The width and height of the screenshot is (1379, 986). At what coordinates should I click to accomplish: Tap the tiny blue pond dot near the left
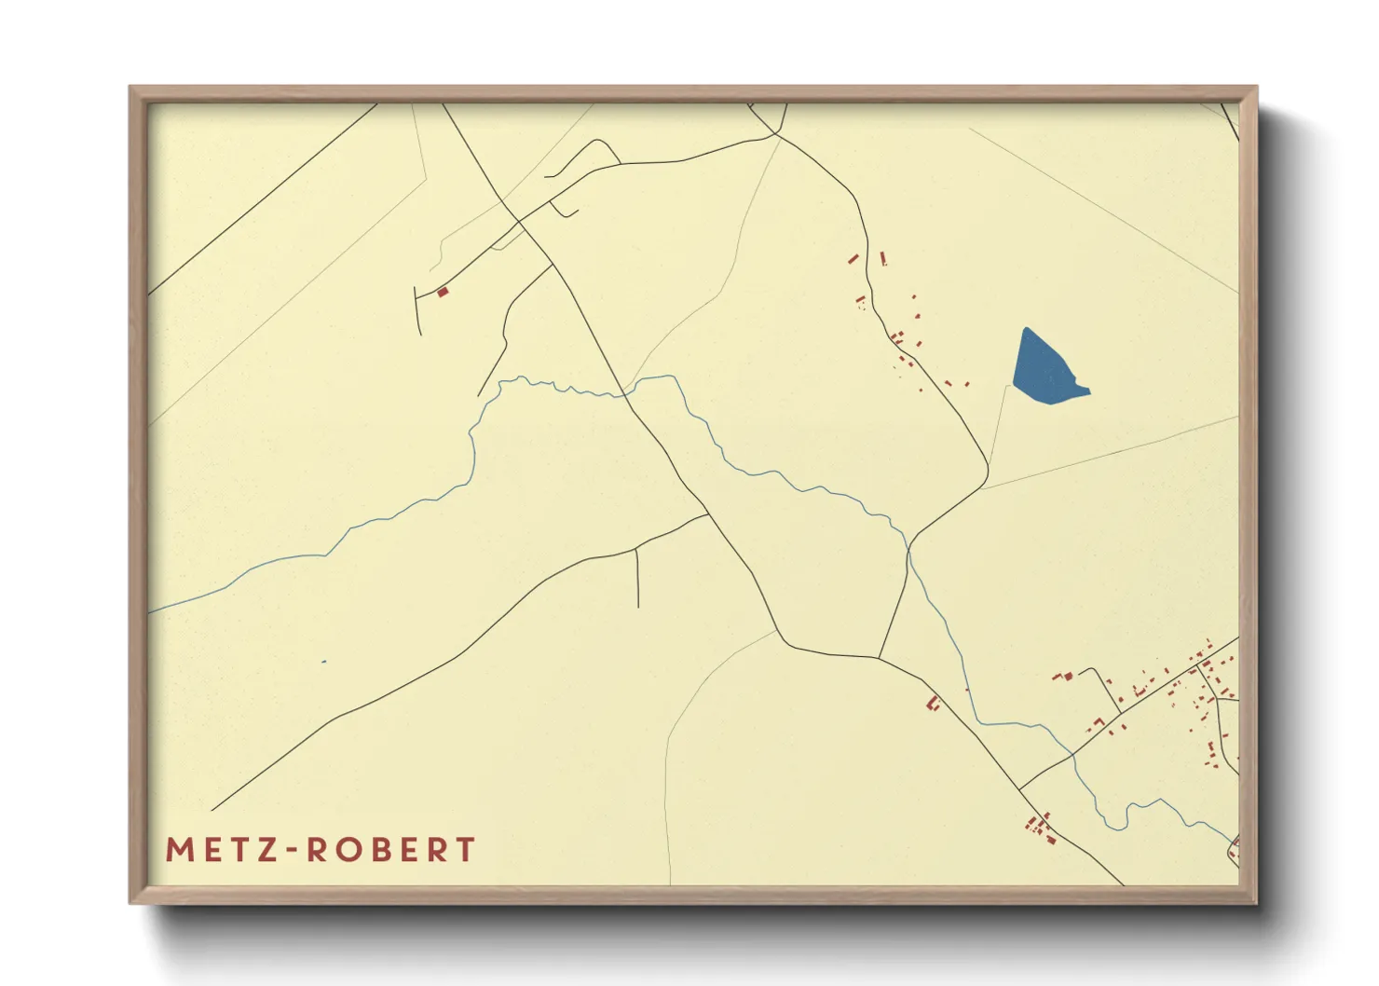click(323, 662)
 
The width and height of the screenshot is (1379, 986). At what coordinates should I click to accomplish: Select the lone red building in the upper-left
click(443, 293)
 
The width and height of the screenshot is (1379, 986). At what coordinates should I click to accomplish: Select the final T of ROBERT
click(463, 850)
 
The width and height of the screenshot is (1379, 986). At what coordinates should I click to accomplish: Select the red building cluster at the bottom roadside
click(1040, 828)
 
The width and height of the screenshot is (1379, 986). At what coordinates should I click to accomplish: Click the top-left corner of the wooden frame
click(131, 89)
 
